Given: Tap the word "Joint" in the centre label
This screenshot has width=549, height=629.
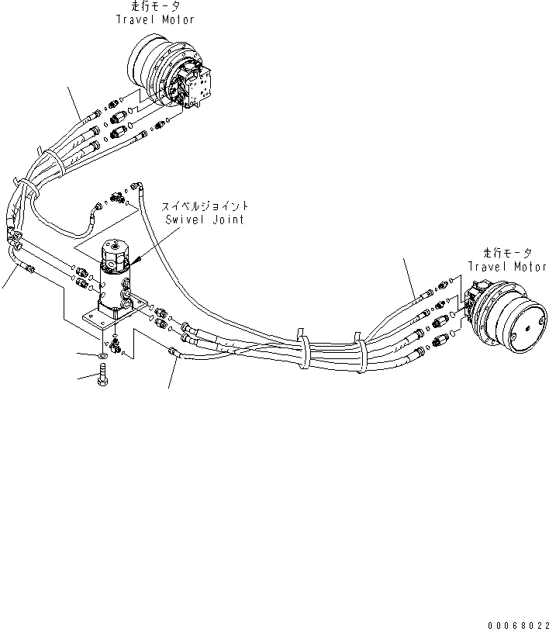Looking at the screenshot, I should [228, 219].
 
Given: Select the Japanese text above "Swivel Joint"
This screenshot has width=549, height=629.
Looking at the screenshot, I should [205, 207].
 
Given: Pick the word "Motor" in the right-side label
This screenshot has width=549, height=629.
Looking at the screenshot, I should [530, 266].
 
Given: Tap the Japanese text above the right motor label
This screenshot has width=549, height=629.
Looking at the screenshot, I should [507, 254].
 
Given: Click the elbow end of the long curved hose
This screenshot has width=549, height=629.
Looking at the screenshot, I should [138, 186].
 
